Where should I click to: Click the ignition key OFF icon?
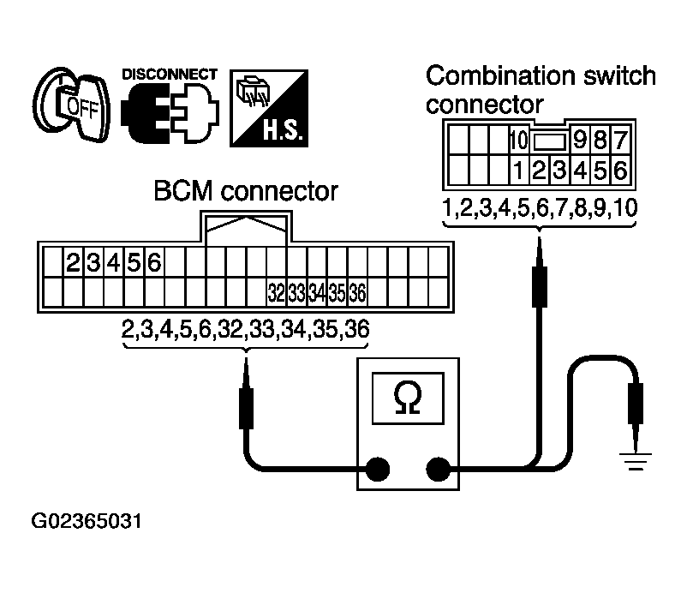[73, 108]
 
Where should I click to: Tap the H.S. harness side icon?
[270, 107]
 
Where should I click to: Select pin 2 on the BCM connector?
[74, 262]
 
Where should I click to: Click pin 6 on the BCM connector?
[154, 262]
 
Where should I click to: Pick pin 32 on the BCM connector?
[275, 293]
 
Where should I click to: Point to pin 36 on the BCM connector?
[357, 293]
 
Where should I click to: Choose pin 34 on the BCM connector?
[316, 293]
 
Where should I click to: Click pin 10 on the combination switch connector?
[518, 139]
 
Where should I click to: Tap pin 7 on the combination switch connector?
[621, 139]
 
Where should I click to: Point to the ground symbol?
[636, 464]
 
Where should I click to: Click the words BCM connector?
[246, 192]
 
